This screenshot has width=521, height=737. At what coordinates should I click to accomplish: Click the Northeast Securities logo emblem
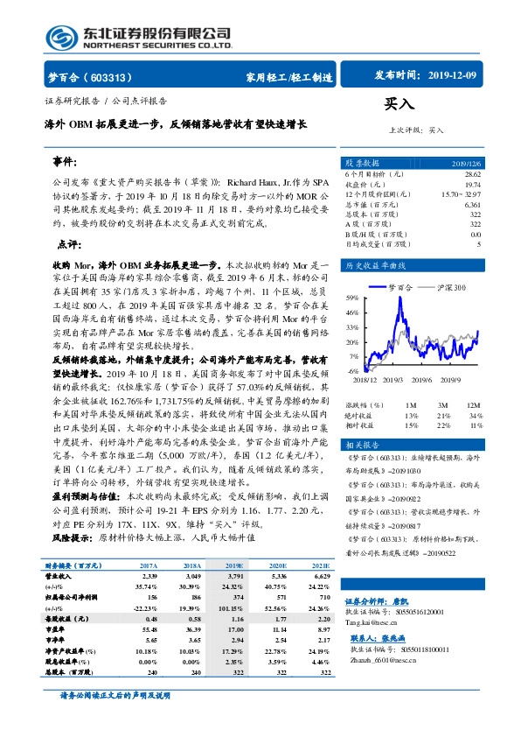59,37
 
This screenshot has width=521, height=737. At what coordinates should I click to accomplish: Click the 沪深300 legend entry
448,287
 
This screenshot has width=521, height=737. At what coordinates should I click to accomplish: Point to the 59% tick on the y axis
351,298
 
